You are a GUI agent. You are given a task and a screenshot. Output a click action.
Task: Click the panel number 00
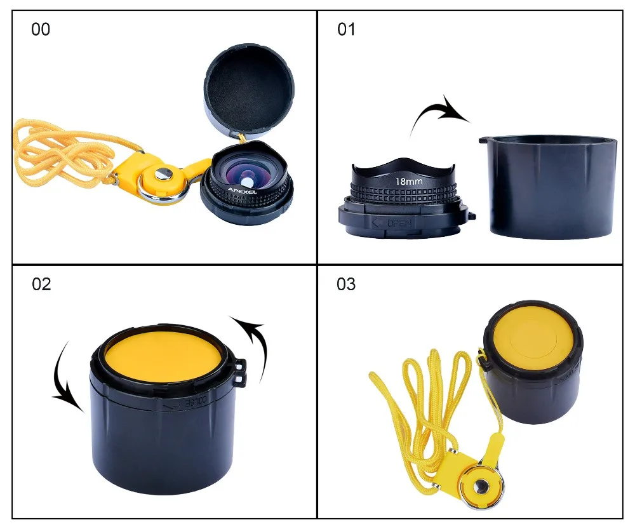(41, 29)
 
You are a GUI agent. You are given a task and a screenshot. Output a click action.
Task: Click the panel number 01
(346, 29)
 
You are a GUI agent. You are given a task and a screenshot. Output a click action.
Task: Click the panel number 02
(41, 284)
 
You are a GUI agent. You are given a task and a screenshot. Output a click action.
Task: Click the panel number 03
(346, 284)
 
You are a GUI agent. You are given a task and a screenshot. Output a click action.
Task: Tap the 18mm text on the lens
(409, 182)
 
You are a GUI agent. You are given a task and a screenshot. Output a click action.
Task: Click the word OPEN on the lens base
(400, 223)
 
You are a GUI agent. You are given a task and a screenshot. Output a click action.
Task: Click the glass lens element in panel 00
(248, 175)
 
